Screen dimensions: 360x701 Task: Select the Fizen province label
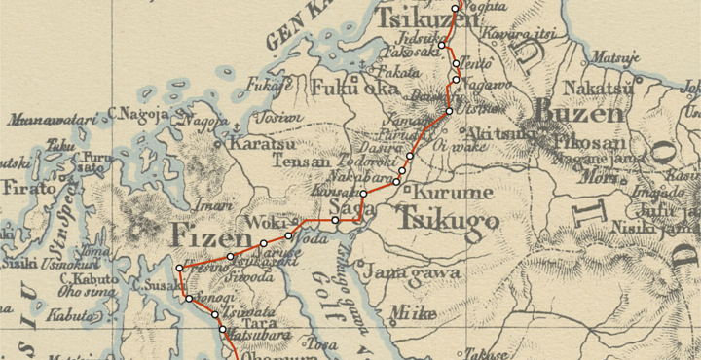(207, 234)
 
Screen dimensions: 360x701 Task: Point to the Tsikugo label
(449, 221)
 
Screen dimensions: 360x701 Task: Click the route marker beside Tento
(457, 63)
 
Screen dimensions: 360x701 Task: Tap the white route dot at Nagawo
(456, 79)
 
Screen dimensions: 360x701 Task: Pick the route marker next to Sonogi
(190, 299)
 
